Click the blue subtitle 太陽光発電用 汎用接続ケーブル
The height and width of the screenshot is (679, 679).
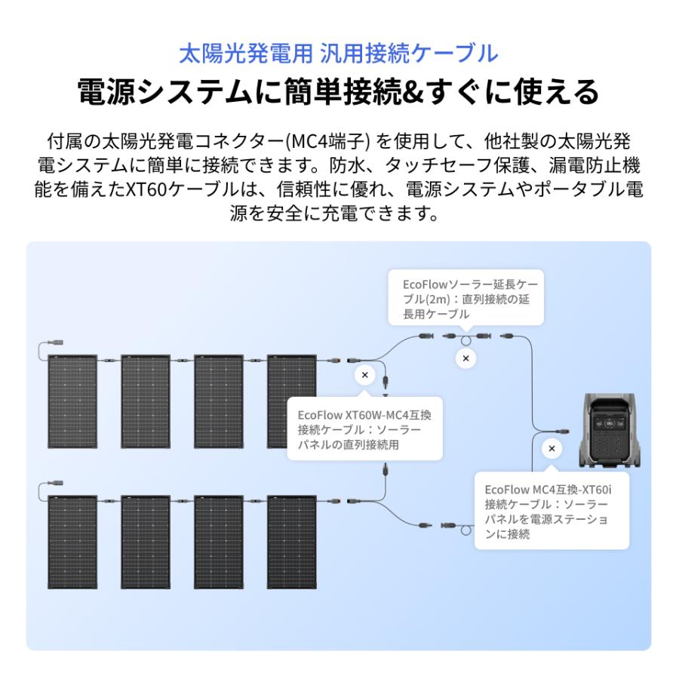tap(339, 54)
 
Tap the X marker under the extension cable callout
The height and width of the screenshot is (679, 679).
tap(465, 358)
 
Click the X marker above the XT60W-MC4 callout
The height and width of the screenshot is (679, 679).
tap(365, 375)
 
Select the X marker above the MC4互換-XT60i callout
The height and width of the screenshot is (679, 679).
tap(551, 449)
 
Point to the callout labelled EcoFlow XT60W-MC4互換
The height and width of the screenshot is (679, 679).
tap(364, 430)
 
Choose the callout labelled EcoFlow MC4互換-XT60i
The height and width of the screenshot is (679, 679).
tap(551, 511)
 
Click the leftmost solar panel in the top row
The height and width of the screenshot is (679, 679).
tap(72, 401)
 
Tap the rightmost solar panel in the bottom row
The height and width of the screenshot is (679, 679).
tap(292, 541)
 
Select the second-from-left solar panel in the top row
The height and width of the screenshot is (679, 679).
tap(146, 401)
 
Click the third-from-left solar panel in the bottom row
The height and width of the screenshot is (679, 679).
tap(219, 541)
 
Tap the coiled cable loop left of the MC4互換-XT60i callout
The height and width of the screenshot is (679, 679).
tap(466, 532)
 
